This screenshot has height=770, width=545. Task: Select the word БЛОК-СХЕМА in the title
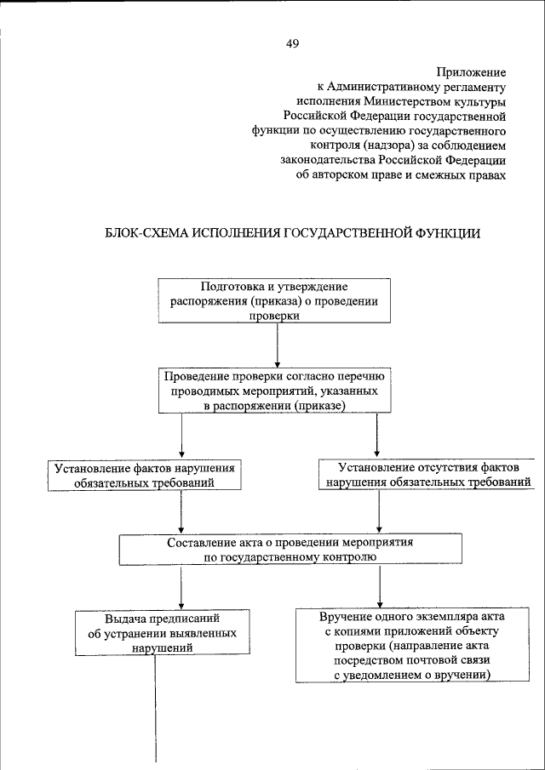point(143,233)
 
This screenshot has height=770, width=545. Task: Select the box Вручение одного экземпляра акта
point(400,644)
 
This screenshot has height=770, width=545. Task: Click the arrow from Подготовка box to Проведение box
point(278,345)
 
